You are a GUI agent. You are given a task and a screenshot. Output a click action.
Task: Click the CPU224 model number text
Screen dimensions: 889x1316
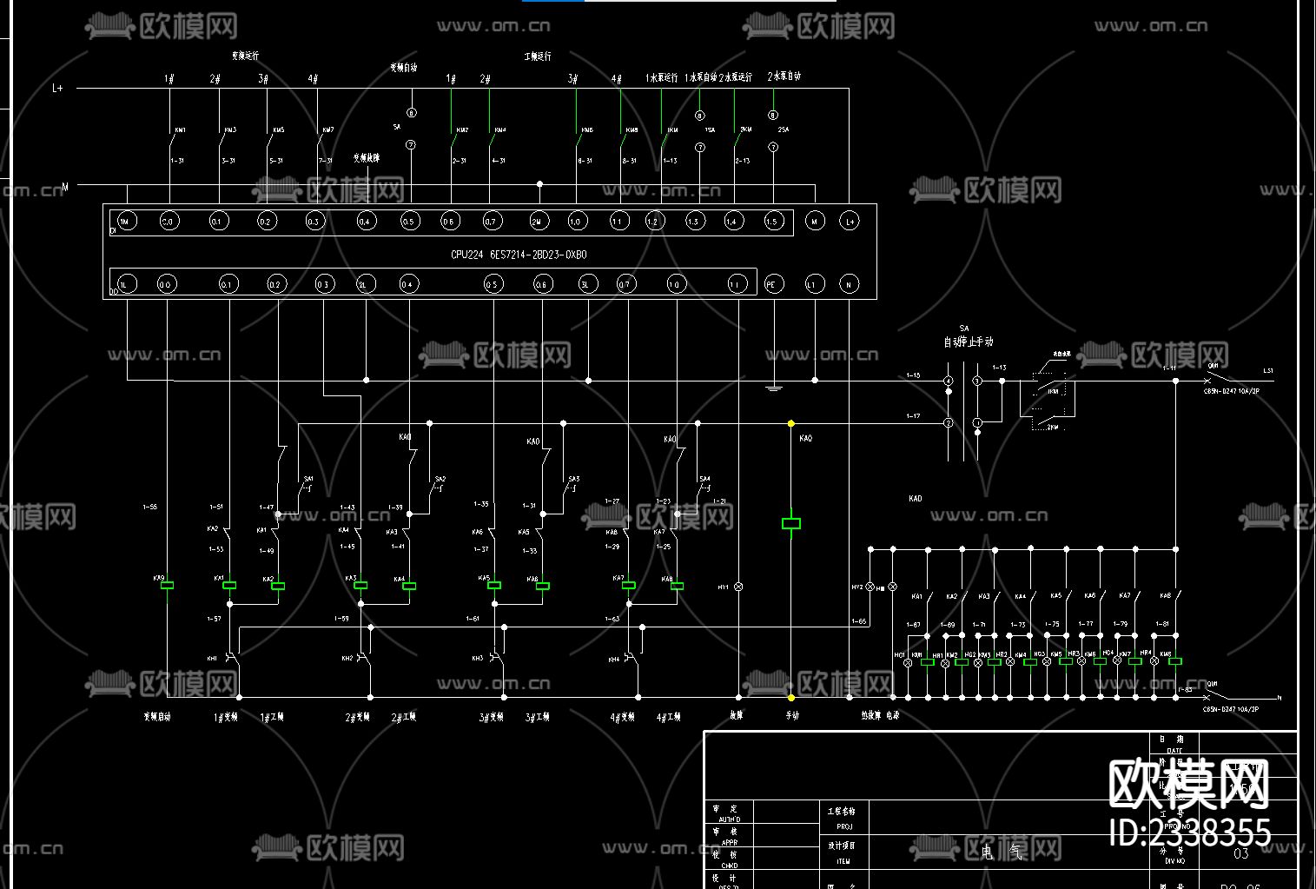pos(519,255)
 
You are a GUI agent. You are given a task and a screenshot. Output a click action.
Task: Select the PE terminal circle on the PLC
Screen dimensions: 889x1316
pos(771,283)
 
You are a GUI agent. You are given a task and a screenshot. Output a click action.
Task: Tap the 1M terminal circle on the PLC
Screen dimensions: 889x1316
pos(126,222)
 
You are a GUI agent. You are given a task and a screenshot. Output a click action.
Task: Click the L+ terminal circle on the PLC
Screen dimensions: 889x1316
pos(850,222)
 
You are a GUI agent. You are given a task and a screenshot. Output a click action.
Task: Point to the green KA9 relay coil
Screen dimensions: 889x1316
pos(168,586)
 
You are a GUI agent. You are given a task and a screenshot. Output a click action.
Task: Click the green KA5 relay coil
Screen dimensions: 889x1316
pos(493,586)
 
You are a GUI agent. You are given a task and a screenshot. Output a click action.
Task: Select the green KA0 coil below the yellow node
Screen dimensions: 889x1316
pos(790,523)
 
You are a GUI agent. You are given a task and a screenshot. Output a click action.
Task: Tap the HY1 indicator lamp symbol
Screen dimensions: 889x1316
pos(739,587)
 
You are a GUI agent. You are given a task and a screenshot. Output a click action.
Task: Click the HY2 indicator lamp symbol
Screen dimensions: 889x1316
pos(870,587)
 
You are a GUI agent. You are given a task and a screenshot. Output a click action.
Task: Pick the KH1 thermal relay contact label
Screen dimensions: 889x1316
pos(212,659)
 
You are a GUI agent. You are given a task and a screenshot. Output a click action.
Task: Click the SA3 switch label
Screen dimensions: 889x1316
pos(573,479)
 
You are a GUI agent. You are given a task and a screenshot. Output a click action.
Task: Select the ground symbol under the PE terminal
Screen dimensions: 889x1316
pos(773,388)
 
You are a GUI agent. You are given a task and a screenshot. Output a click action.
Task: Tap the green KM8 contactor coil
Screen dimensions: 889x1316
pos(1174,662)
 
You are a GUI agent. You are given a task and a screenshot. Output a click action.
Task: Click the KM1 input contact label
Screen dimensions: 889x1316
pos(180,130)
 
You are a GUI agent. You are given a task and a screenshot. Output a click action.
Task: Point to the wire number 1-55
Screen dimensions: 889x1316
pos(149,507)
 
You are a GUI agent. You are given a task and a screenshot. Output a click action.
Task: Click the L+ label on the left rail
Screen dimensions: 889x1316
pos(58,88)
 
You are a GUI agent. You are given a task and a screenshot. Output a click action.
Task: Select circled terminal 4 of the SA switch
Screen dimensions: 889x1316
pos(949,381)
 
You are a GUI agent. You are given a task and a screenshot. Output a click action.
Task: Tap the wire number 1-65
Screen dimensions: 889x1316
pos(858,621)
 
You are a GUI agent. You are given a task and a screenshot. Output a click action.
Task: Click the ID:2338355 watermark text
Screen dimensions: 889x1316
pos(1190,833)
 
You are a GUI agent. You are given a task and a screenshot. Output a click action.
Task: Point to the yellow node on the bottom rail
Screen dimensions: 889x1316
pos(790,697)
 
